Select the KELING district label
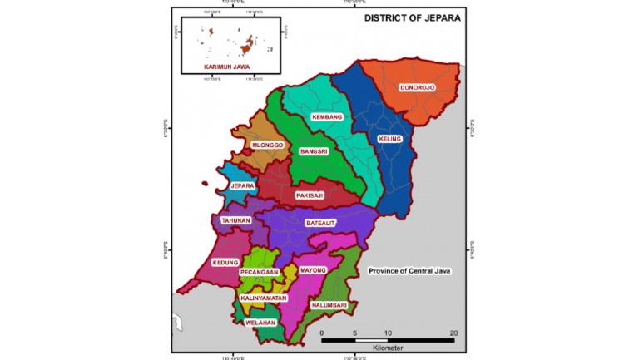click(x=389, y=138)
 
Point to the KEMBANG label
click(x=327, y=117)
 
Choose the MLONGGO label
click(x=268, y=145)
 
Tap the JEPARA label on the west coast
click(x=242, y=186)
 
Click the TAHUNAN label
click(x=235, y=220)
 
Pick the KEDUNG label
click(x=225, y=263)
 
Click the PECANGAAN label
click(x=258, y=272)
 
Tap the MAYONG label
click(x=313, y=270)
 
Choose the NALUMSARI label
click(x=328, y=305)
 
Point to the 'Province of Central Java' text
click(x=409, y=271)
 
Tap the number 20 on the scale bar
click(x=453, y=333)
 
